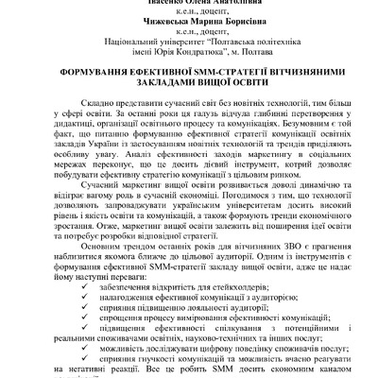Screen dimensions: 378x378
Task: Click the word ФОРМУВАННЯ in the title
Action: pyautogui.click(x=76, y=82)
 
